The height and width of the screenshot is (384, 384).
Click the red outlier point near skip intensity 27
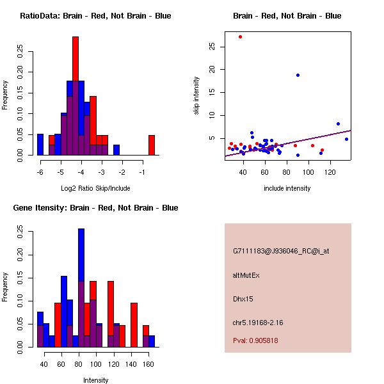[240, 36]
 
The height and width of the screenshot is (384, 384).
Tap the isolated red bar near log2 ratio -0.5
[152, 145]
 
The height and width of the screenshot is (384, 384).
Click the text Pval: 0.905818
[255, 340]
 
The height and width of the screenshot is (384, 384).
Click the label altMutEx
[246, 275]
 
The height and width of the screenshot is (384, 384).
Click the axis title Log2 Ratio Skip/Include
[95, 188]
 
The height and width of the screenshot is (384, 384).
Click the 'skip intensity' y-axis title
[196, 96]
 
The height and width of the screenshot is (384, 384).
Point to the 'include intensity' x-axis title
[287, 188]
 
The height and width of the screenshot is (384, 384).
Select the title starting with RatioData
[95, 16]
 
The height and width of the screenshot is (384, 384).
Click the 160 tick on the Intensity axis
[148, 364]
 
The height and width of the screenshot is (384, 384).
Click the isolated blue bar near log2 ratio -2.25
[116, 150]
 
